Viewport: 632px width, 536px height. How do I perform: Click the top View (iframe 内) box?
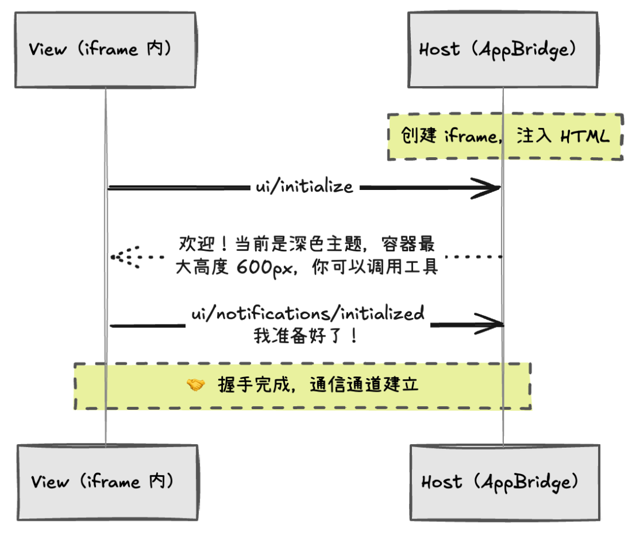tap(106, 49)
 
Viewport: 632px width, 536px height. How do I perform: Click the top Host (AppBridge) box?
tap(503, 49)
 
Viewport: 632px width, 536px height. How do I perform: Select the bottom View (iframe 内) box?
tap(107, 482)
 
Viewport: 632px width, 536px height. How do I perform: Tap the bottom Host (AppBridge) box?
tap(504, 482)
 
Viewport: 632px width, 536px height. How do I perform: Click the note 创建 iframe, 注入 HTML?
tap(504, 137)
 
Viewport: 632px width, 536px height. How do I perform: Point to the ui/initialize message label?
tap(304, 187)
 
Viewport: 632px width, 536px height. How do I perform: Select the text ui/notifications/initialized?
tap(308, 313)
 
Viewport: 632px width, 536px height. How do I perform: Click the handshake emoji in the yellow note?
tap(195, 385)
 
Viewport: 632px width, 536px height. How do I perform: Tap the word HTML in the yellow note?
tap(585, 137)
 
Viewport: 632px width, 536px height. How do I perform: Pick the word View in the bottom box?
tap(49, 482)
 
